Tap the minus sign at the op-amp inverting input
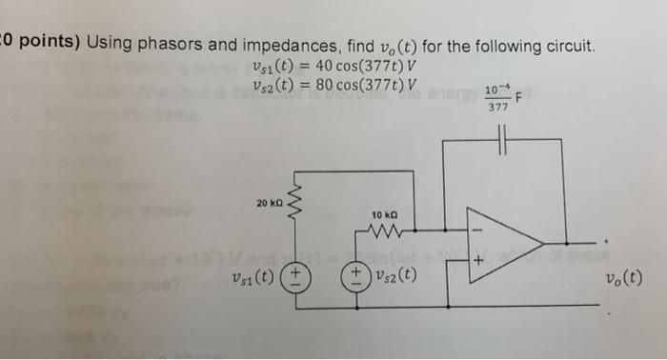coord(478,228)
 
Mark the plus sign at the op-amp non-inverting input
coord(479,258)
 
